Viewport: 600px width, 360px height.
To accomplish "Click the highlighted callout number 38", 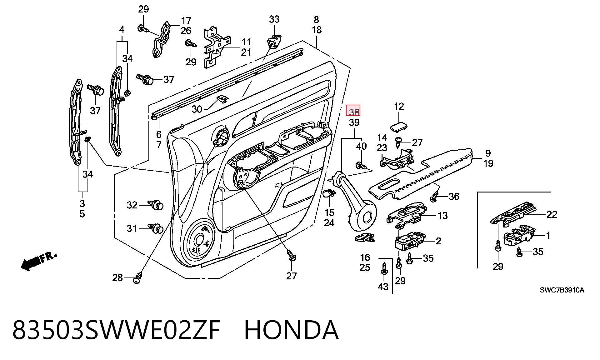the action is coord(354,112).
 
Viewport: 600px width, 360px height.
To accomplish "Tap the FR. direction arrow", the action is coord(39,261).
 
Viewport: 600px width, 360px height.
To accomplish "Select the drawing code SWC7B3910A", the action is coord(562,290).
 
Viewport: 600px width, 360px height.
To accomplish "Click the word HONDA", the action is coord(291,330).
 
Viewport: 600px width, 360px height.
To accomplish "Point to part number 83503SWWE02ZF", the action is coord(117,330).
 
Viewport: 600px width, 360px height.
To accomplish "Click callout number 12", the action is coord(399,106).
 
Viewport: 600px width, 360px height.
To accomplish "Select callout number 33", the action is coord(274,19).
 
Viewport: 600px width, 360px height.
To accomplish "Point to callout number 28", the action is coord(117,277).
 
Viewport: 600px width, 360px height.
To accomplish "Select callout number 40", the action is coord(362,146).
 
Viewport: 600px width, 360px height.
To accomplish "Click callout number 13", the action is coord(442,215).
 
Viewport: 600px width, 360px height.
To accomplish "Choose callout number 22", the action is coord(552,214).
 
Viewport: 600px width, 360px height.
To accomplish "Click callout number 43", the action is coord(383,286).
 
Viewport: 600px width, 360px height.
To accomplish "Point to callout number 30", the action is coord(197,109).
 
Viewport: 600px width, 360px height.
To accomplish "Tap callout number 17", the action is coord(186,21).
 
